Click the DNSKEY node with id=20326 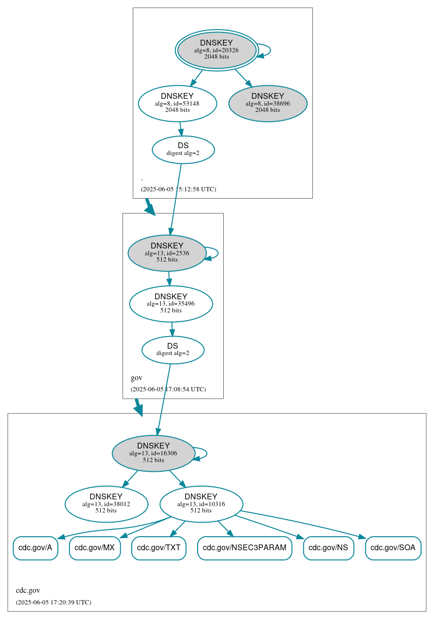217,50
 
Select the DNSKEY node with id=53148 177,103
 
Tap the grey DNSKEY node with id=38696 267,103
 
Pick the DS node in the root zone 183,150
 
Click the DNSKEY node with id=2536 167,253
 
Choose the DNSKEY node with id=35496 171,304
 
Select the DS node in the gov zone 173,350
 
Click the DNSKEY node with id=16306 154,453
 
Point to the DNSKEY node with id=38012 106,504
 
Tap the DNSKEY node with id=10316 201,504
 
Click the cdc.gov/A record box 35,548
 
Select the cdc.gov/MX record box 94,548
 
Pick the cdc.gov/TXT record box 159,548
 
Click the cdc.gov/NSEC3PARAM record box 245,548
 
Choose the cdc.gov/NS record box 328,548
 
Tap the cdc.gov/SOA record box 393,548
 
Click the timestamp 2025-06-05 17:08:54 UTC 168,389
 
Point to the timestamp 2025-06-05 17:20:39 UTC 53,602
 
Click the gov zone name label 137,378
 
